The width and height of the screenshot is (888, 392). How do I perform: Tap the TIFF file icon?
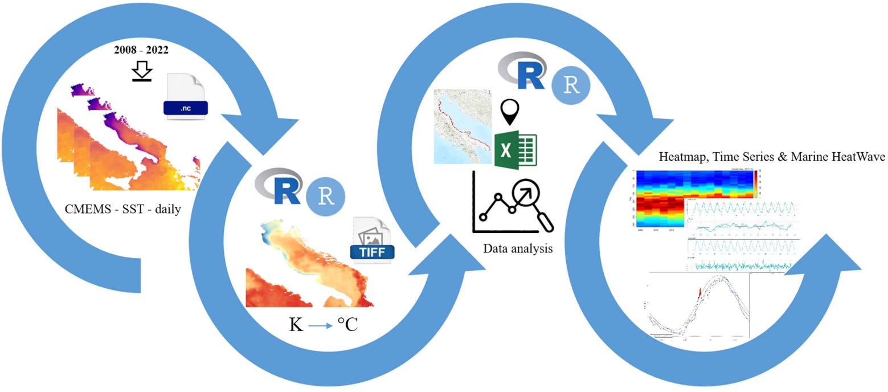374,240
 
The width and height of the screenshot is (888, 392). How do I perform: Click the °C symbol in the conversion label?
346,326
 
